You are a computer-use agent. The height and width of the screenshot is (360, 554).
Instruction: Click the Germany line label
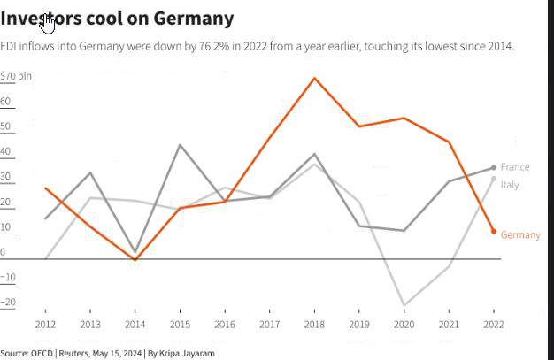point(520,234)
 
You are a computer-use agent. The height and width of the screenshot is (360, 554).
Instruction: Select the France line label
point(514,167)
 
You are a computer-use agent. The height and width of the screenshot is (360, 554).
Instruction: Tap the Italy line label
point(510,185)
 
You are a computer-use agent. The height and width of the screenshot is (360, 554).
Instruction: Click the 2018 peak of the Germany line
point(314,78)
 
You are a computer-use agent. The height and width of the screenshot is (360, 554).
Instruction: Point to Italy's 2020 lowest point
point(404,305)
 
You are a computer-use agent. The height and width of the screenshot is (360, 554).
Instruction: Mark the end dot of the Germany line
point(494,231)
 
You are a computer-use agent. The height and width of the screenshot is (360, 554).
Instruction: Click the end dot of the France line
point(494,167)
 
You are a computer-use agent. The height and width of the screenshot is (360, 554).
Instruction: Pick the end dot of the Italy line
point(494,179)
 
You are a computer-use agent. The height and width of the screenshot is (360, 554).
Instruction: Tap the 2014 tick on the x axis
point(135,324)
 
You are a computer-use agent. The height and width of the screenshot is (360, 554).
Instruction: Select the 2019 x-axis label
point(359,324)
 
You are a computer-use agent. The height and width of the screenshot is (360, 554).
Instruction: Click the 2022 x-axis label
point(494,324)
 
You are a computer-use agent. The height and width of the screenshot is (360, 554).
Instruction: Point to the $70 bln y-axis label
point(16,76)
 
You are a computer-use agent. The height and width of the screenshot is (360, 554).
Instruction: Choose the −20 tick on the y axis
point(9,303)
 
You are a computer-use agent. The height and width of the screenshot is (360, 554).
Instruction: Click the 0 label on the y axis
point(4,252)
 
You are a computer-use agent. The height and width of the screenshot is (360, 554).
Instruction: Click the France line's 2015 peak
point(181,144)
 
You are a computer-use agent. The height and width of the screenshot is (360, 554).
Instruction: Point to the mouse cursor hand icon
point(48,22)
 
